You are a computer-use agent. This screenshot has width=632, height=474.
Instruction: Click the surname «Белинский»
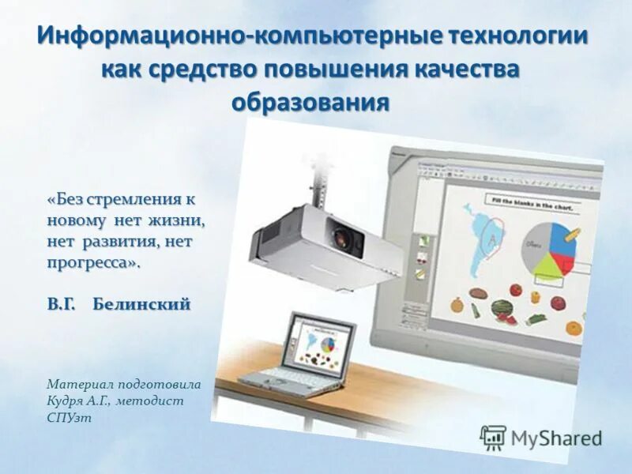141,304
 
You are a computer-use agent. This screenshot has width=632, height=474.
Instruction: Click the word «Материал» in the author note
79,384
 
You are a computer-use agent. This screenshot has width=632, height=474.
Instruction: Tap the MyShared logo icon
493,437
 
